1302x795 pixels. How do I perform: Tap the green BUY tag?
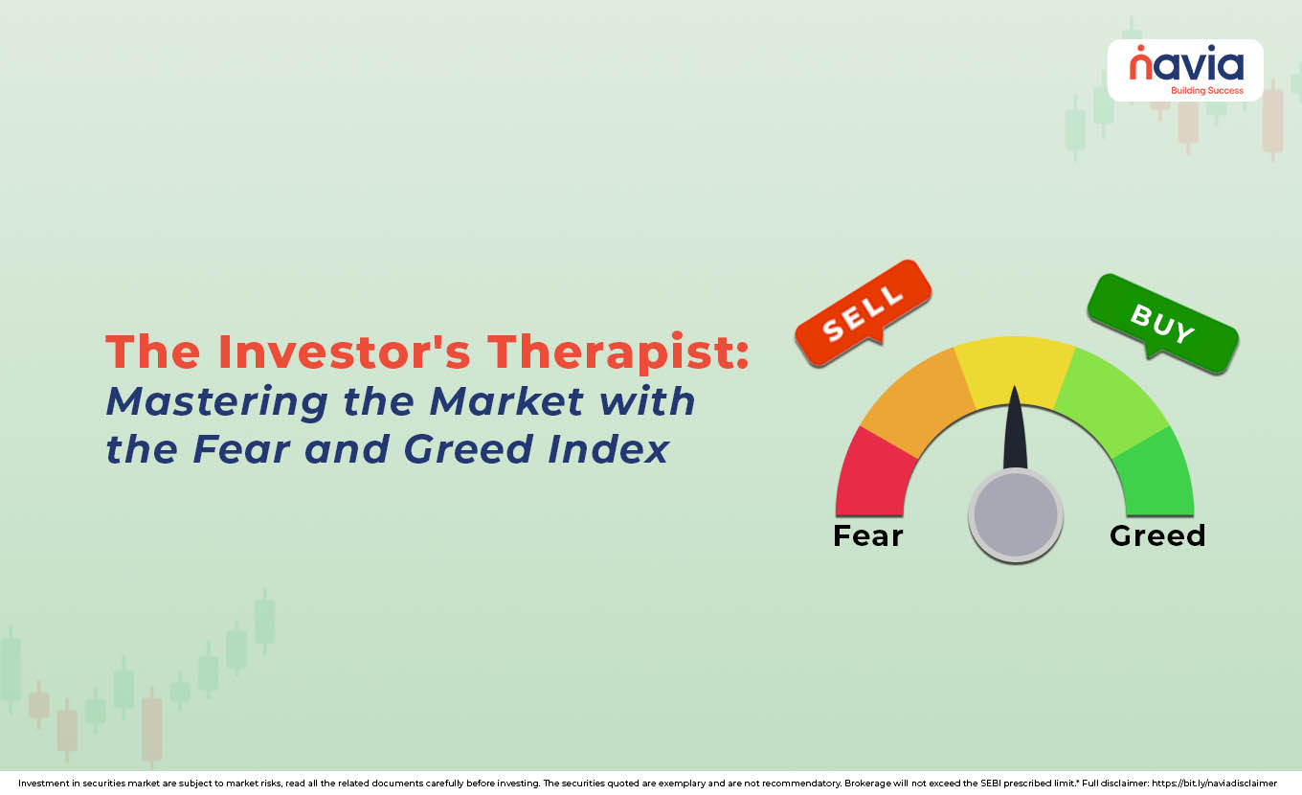coord(1162,323)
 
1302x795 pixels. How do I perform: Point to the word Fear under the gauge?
coord(867,535)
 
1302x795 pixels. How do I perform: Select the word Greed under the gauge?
coord(1156,535)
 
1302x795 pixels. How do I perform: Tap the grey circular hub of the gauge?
coord(1015,515)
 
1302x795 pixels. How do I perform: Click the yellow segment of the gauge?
coord(1015,369)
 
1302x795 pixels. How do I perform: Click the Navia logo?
coord(1186,65)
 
